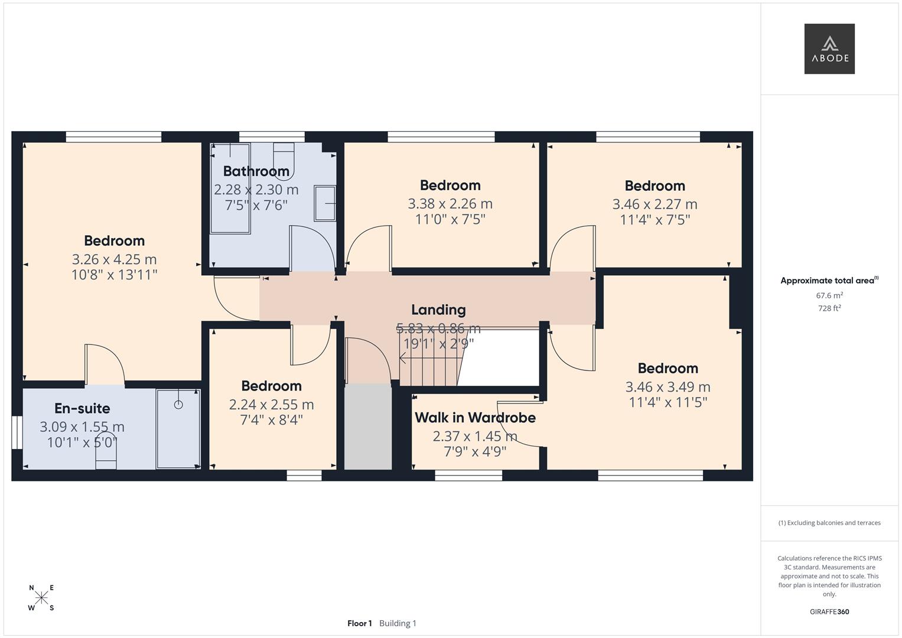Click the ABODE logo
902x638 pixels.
click(x=829, y=48)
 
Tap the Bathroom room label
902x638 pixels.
click(x=256, y=171)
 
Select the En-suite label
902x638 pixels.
click(x=82, y=408)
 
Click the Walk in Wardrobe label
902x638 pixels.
click(x=475, y=418)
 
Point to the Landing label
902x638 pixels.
click(x=438, y=310)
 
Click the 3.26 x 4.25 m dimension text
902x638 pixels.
click(x=115, y=259)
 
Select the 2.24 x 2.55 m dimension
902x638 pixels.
click(x=271, y=405)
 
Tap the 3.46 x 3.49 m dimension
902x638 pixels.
click(x=667, y=387)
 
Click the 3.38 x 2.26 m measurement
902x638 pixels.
click(x=450, y=204)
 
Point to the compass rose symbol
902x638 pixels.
click(x=41, y=598)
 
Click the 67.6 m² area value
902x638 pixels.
click(x=829, y=295)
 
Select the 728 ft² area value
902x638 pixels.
click(x=829, y=308)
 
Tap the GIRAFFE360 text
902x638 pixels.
click(x=829, y=612)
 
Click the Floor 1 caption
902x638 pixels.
click(x=360, y=623)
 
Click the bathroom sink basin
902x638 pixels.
click(x=324, y=203)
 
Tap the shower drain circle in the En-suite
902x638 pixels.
click(x=178, y=405)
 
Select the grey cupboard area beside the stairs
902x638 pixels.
click(x=368, y=427)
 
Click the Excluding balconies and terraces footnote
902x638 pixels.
click(x=829, y=523)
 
